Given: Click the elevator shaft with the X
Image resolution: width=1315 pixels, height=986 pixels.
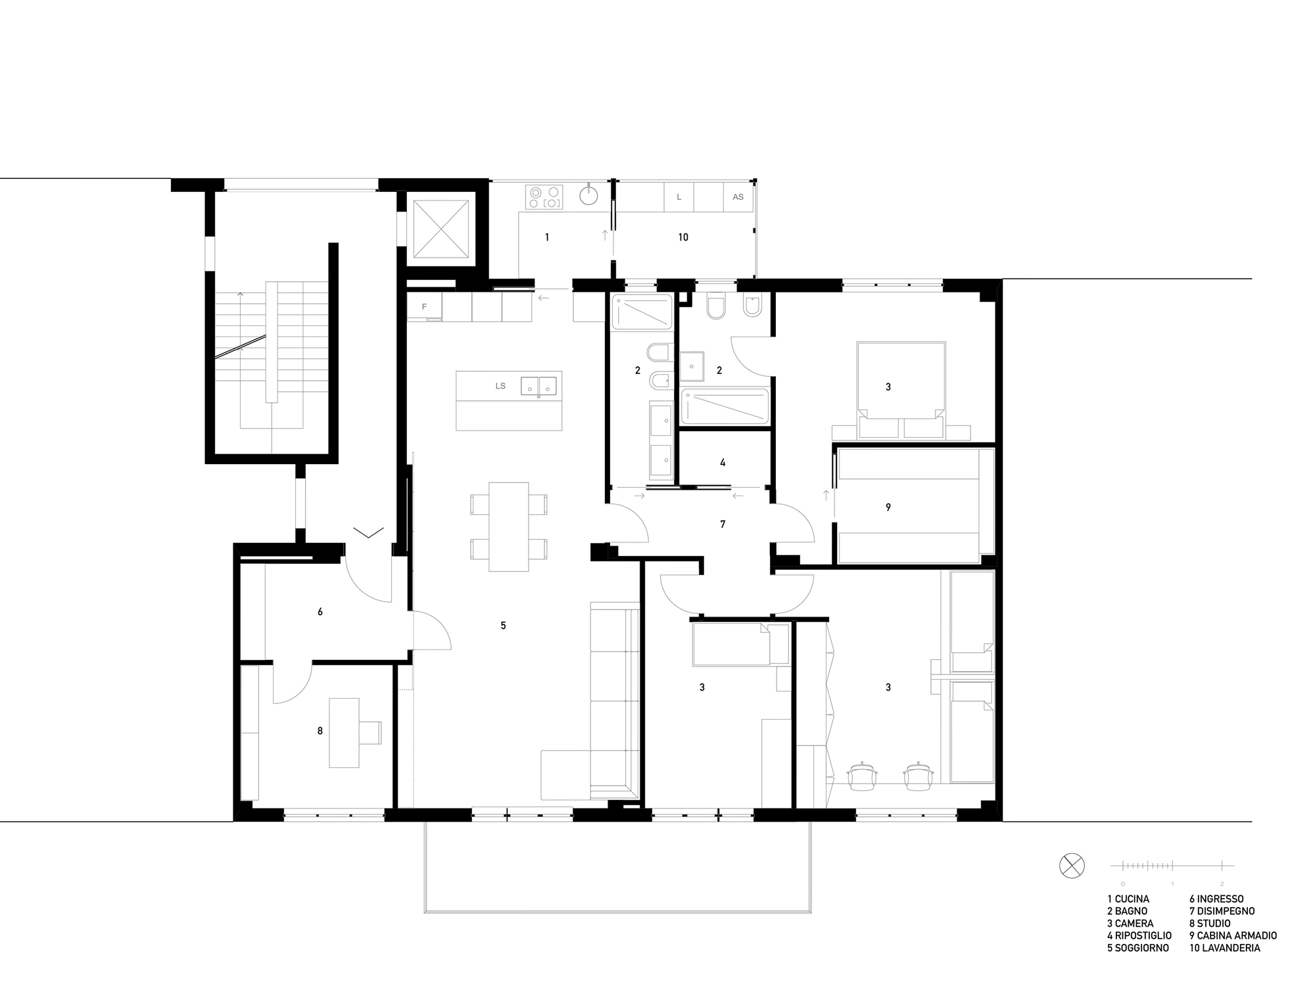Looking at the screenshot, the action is pos(441,229).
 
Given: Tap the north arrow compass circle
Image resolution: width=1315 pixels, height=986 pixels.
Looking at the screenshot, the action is pos(1072,865).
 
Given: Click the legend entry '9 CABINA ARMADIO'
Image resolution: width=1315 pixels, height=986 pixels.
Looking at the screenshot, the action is pos(1233,935).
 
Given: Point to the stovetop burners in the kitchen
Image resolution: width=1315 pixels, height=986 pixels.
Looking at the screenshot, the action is pos(545,197).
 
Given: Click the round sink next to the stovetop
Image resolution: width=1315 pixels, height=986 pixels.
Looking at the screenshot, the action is pos(589,195).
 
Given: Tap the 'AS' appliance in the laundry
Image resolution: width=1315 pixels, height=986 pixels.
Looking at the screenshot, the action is pos(738,197).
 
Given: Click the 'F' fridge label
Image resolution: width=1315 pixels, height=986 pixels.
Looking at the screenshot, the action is pos(424,307).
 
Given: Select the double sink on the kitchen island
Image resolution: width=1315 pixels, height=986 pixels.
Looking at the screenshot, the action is pos(539,386).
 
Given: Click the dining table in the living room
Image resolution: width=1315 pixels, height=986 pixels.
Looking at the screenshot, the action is pos(509,527).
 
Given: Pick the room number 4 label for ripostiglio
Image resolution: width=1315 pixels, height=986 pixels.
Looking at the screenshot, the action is pos(723,463).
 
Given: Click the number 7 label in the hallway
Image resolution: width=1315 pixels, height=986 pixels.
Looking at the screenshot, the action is pos(723,525).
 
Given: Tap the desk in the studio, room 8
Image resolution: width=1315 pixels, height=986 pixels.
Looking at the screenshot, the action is pos(345,733).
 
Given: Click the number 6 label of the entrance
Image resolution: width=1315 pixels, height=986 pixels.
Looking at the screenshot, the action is pos(320,612).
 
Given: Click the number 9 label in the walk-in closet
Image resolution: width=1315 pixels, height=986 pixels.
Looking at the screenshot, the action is pos(888,507).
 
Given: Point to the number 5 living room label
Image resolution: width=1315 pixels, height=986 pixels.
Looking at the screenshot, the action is pos(503,626).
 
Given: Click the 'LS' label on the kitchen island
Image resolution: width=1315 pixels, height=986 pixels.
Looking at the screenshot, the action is pos(500,386).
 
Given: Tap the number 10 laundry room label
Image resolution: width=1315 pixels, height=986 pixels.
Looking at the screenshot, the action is pos(683,237).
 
